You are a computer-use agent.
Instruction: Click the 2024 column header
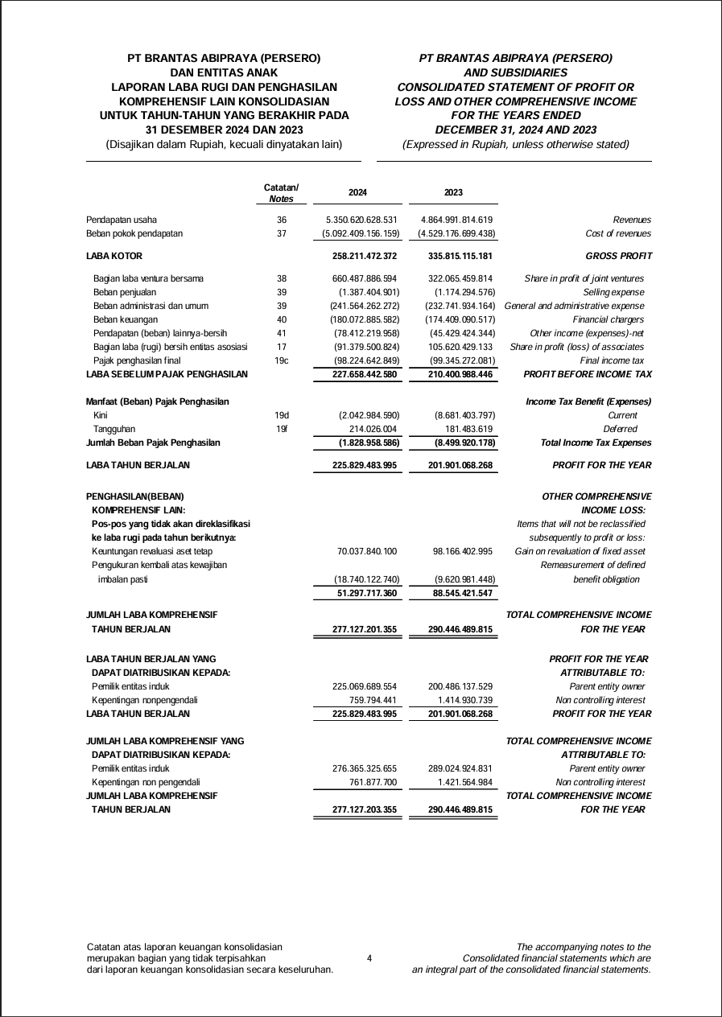pos(357,193)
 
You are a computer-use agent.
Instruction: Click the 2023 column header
pos(453,193)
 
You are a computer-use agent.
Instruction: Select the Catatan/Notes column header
pos(281,193)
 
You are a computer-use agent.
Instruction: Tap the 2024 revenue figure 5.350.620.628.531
pos(362,220)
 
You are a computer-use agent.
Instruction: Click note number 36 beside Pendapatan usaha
pos(282,220)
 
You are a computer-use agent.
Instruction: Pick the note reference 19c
pos(282,360)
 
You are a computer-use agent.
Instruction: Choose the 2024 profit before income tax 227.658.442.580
pos(365,374)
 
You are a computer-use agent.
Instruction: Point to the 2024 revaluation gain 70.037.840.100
pos(366,551)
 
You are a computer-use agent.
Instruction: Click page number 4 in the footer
pos(369,958)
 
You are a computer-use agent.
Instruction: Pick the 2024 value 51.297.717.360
pos(366,593)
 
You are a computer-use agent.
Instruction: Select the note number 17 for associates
pos(282,347)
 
